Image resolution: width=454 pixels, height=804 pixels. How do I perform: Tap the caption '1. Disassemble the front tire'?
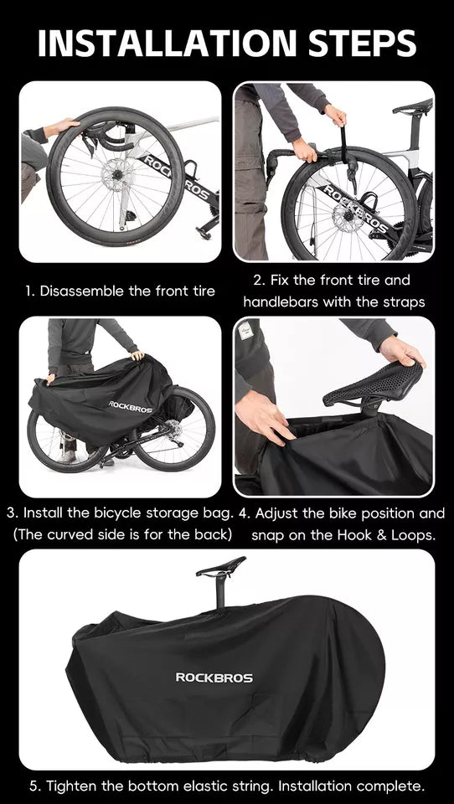pyautogui.click(x=120, y=291)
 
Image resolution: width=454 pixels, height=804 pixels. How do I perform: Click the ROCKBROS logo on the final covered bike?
pyautogui.click(x=214, y=677)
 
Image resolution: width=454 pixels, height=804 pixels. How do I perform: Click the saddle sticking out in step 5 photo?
pyautogui.click(x=222, y=567)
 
